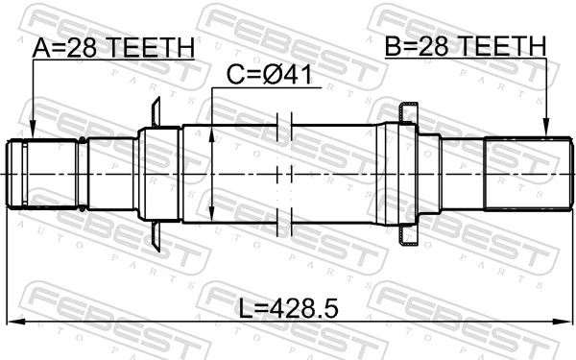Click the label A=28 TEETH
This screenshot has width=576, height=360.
(x=113, y=48)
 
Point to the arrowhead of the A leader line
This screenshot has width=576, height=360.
(x=32, y=135)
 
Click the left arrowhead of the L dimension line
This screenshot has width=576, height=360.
(x=12, y=322)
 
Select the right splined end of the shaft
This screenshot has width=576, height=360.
(x=523, y=174)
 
